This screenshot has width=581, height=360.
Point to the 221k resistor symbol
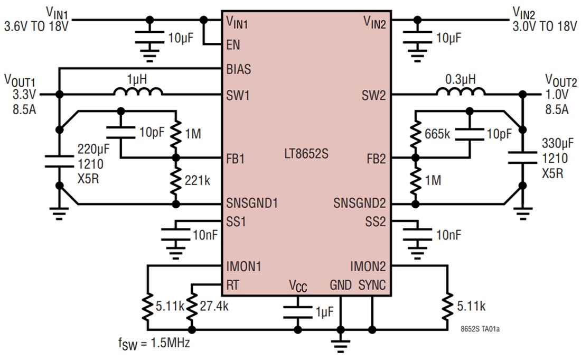(x=175, y=181)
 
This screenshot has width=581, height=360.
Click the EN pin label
(x=233, y=45)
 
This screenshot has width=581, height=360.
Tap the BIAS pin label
(x=238, y=69)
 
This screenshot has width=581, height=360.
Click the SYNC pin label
(x=372, y=285)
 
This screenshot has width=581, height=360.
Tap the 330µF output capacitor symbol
(x=522, y=159)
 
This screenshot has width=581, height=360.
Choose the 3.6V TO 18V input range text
(x=36, y=25)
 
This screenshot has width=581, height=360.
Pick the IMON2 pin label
(x=368, y=265)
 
